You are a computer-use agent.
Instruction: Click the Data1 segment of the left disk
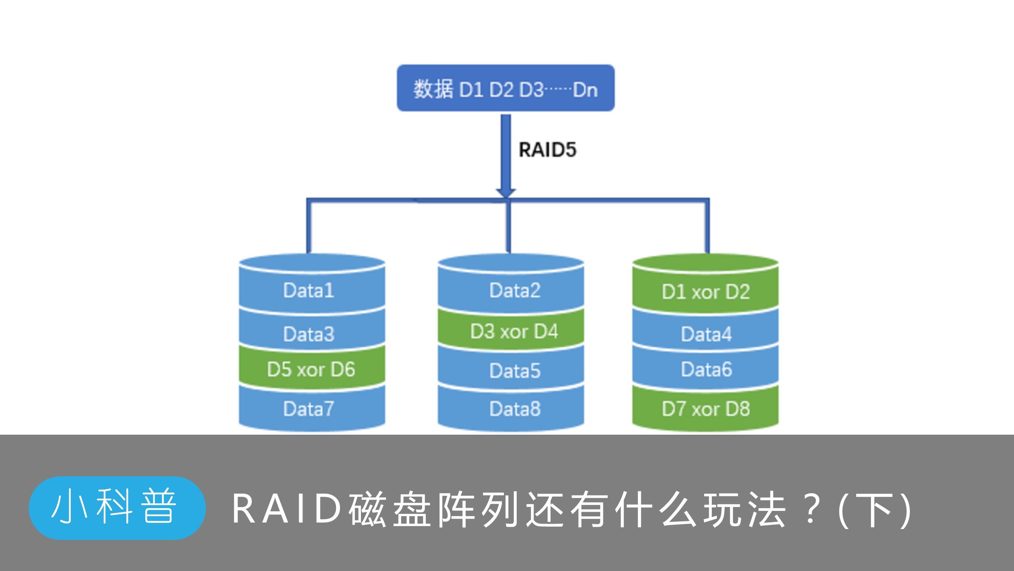pos(309,290)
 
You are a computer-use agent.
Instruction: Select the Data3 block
pos(309,334)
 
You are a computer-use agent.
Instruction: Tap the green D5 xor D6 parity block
pos(311,369)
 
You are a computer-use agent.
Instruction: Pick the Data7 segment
pos(309,408)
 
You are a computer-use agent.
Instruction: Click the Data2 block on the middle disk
pos(515,290)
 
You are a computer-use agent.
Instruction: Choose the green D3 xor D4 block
pos(514,332)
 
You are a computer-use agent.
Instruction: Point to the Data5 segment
pos(515,371)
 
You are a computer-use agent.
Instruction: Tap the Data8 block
pos(515,408)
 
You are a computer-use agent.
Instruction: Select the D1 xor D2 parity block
pos(706,292)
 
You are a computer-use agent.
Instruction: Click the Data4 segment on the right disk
pos(706,334)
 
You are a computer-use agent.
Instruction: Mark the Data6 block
pos(706,369)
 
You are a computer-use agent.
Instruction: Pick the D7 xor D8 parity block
pos(706,408)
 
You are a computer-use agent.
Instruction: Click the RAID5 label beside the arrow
pos(547,150)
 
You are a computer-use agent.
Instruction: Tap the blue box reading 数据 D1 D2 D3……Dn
pos(505,88)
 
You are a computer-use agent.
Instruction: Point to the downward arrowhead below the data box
pos(506,192)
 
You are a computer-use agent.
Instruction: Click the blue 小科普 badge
pos(117,507)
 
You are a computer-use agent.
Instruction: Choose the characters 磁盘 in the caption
pos(390,509)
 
